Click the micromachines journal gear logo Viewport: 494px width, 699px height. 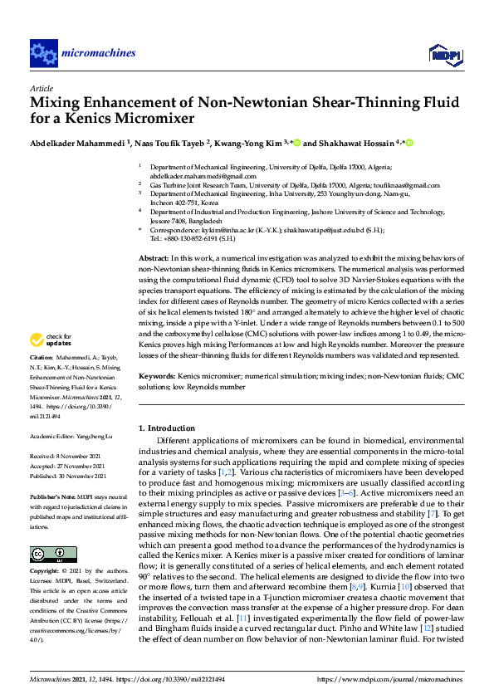tap(43, 53)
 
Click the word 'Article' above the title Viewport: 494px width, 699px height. tap(41, 88)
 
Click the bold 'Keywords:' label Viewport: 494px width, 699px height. tap(157, 376)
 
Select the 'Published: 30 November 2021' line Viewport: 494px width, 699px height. tap(68, 477)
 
